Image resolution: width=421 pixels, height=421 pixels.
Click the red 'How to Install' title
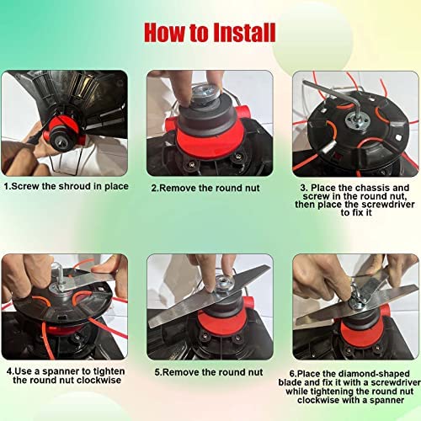pyautogui.click(x=210, y=33)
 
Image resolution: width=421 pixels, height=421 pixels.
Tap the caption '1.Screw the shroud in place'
pyautogui.click(x=67, y=186)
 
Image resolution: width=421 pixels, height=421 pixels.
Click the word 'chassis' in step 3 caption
pyautogui.click(x=372, y=188)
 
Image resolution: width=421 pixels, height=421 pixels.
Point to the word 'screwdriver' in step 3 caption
pyautogui.click(x=391, y=205)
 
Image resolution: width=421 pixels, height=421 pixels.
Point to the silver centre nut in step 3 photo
pyautogui.click(x=357, y=122)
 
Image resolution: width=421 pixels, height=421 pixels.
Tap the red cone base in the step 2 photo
pyautogui.click(x=209, y=141)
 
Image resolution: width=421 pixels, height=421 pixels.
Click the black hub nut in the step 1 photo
pyautogui.click(x=61, y=141)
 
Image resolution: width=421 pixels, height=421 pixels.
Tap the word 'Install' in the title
pyautogui.click(x=244, y=33)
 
